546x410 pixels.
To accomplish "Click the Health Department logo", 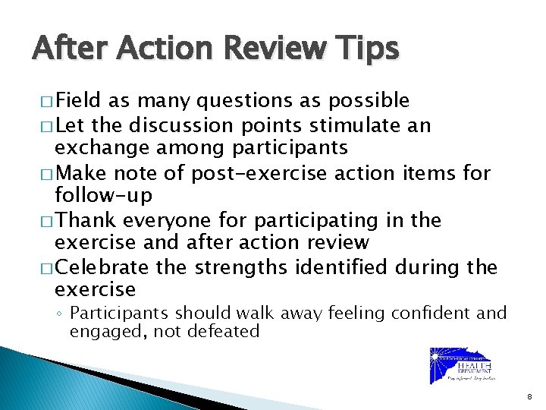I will (x=460, y=366).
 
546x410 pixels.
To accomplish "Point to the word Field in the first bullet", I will (x=80, y=100).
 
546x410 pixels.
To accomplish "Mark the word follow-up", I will (x=104, y=195).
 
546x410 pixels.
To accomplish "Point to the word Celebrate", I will (x=102, y=268).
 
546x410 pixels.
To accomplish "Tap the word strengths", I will (x=240, y=268).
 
